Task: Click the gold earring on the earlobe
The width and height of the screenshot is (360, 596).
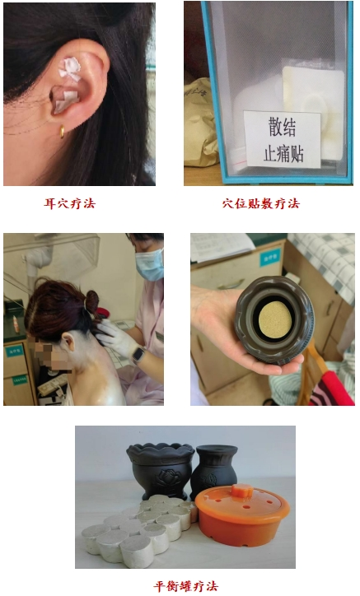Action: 62,131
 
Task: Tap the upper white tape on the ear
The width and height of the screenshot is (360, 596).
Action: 69,69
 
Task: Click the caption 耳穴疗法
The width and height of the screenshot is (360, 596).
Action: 70,203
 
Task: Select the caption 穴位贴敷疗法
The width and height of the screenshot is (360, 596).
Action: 261,203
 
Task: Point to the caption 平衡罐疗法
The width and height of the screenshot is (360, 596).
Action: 185,586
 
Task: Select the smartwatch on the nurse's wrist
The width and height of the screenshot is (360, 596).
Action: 138,355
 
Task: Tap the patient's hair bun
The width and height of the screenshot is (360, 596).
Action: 91,300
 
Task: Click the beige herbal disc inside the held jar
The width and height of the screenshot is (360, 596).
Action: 275,320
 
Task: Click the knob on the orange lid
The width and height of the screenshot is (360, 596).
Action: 241,491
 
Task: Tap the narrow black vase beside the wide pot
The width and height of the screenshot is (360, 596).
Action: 213,470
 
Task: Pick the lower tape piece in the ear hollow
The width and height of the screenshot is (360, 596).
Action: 66,101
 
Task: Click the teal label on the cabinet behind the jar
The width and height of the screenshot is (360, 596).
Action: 270,258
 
